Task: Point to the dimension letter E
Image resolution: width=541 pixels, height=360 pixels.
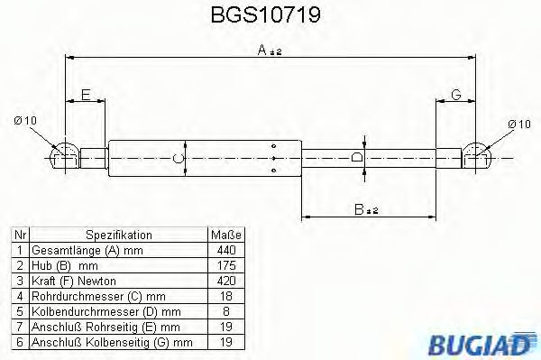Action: point(86,95)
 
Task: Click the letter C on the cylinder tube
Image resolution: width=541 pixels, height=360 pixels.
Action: point(178,160)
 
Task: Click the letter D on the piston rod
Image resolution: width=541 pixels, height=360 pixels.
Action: point(358,159)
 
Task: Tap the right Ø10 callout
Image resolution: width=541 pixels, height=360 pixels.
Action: point(518,124)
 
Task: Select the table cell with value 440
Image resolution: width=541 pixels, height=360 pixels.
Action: point(225,248)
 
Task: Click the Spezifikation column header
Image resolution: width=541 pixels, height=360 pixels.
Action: point(119,233)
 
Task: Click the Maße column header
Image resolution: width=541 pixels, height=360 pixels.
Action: point(225,233)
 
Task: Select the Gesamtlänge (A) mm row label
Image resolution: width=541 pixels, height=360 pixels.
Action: point(86,248)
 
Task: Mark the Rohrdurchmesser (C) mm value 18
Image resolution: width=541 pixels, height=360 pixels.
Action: point(225,294)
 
